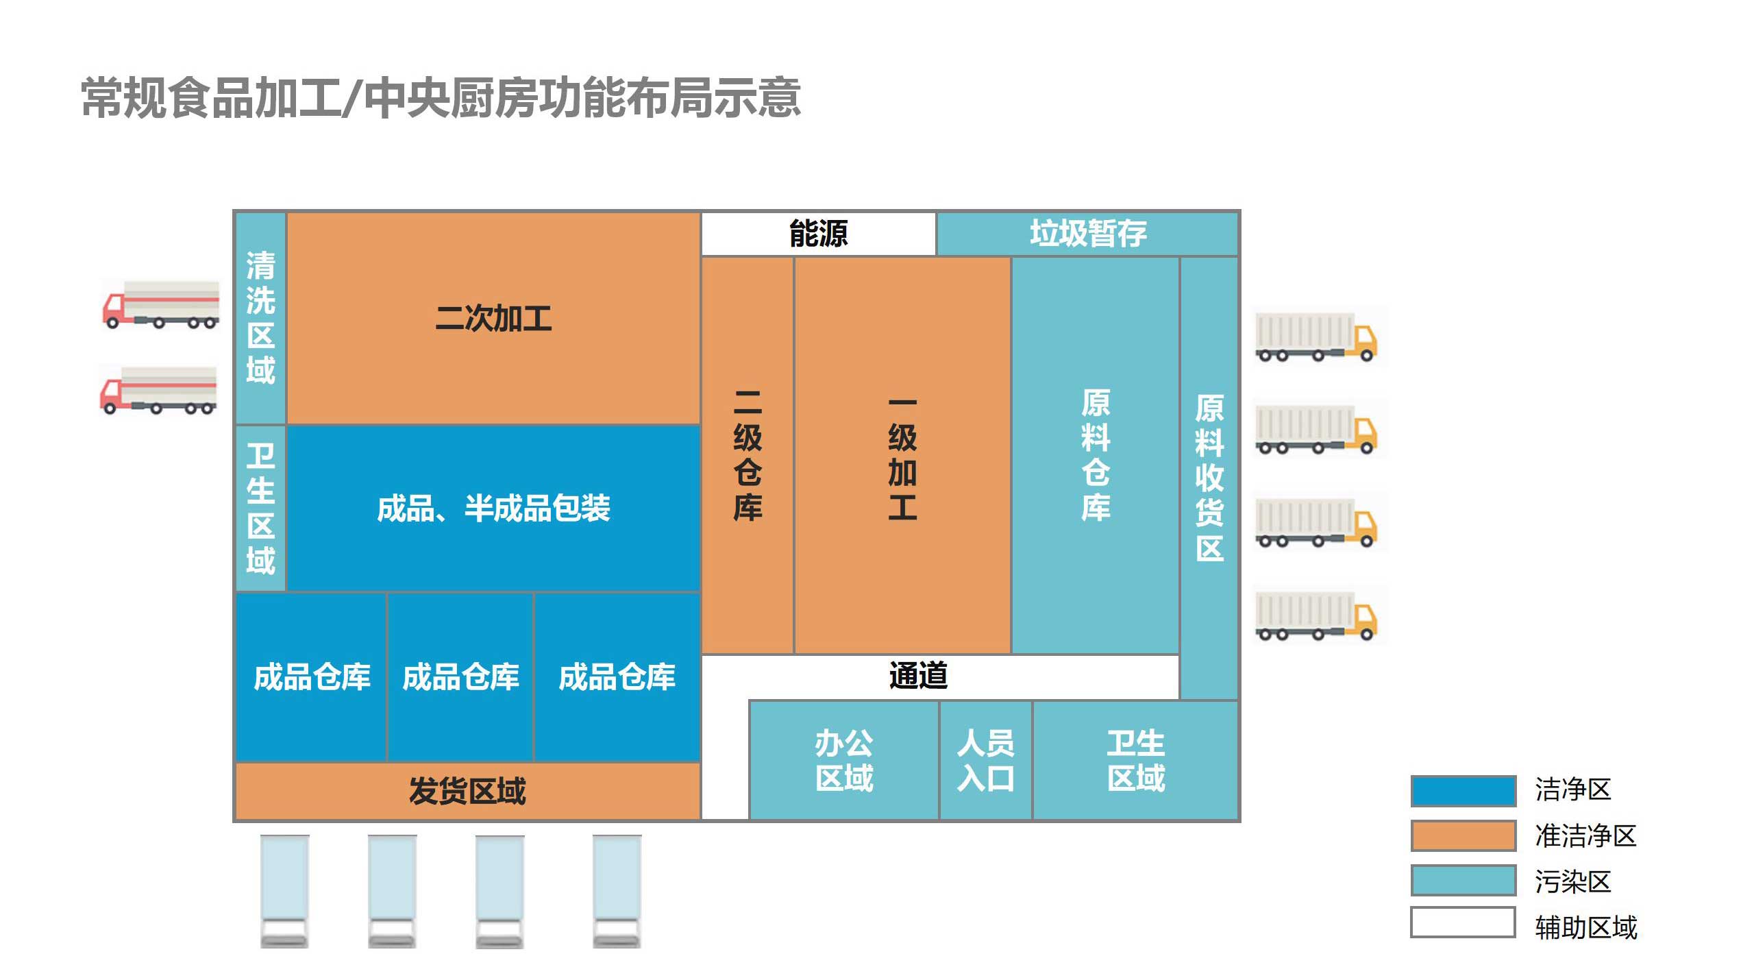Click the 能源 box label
point(818,234)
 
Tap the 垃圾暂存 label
point(1087,234)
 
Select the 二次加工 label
point(493,319)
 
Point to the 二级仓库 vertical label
point(748,455)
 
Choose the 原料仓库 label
point(1095,455)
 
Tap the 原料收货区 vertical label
point(1209,477)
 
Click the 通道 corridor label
point(918,676)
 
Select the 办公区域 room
point(844,760)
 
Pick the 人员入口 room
point(985,760)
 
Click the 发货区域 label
point(467,791)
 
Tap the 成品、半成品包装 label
point(493,509)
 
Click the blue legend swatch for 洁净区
point(1463,790)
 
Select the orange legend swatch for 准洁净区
point(1463,835)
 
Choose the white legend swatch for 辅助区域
point(1463,922)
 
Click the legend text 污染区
point(1572,881)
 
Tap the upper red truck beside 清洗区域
point(161,305)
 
